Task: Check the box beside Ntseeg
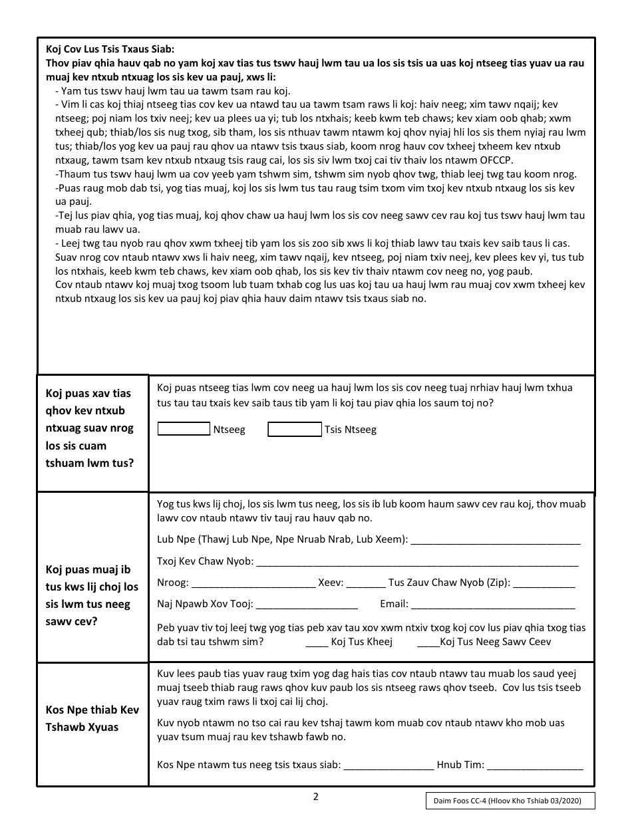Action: point(184,430)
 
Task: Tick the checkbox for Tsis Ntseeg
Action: point(294,430)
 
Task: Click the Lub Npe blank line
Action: point(496,541)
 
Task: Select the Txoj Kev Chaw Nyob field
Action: point(417,563)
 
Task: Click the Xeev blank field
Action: point(366,585)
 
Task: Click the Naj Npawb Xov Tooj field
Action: point(307,606)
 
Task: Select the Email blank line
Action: point(493,606)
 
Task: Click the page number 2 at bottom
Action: point(316,797)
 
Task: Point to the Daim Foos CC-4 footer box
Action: point(510,801)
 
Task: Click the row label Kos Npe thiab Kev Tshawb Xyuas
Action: point(92,718)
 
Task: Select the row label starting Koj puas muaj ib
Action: point(92,596)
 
